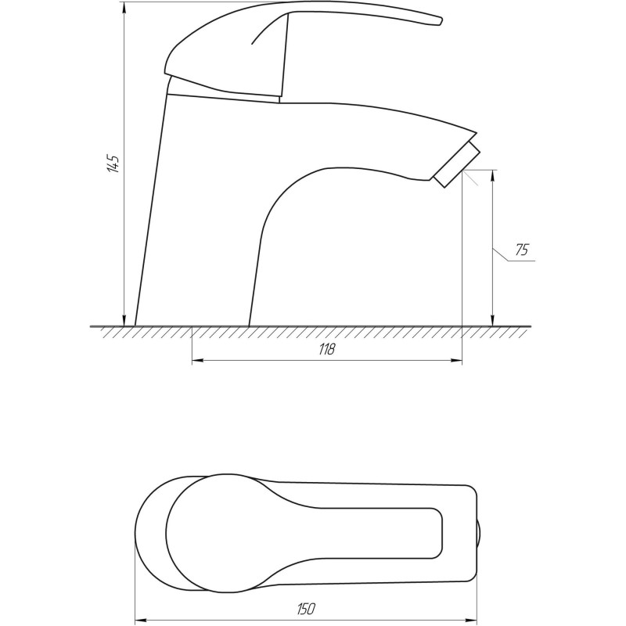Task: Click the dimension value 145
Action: (x=113, y=163)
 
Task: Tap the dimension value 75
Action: (x=521, y=250)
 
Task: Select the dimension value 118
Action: (x=326, y=349)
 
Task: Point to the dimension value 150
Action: (x=306, y=609)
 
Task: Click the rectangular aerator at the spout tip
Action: (x=457, y=164)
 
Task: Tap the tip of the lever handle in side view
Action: (x=441, y=21)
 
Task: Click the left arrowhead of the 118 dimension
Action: (x=198, y=361)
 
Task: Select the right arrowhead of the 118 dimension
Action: (x=456, y=361)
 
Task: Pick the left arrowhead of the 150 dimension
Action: (x=142, y=621)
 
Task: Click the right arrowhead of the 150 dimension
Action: (x=471, y=621)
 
